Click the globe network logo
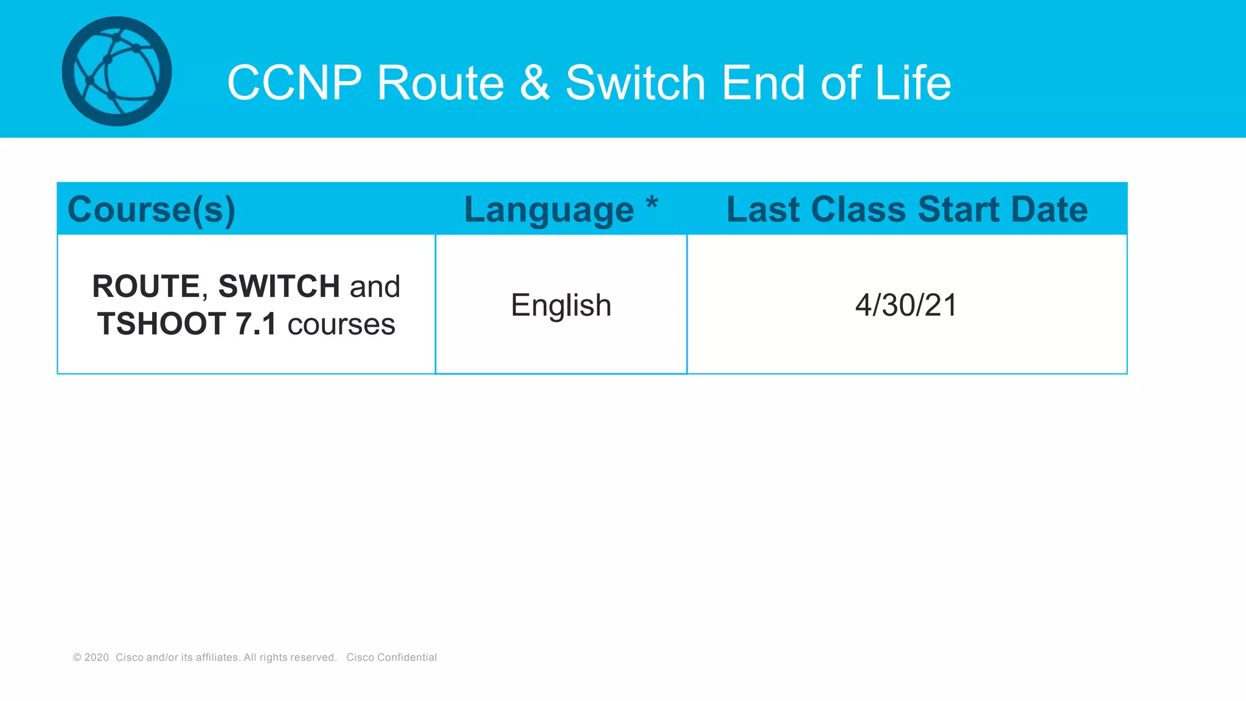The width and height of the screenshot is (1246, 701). tap(117, 71)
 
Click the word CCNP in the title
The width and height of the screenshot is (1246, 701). tap(294, 83)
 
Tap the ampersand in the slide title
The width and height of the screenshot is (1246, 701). tap(535, 83)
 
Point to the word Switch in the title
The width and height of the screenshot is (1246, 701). tap(636, 83)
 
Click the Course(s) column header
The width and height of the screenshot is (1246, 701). tap(151, 210)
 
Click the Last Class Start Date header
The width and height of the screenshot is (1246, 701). tap(907, 209)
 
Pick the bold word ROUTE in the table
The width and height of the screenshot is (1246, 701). tap(146, 287)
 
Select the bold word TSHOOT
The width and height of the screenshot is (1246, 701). tap(161, 324)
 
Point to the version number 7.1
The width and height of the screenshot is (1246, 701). tap(256, 324)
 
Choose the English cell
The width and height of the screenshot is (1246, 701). tap(561, 305)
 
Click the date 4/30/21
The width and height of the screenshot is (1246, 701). tap(906, 305)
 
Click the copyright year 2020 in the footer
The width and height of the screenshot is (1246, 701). tap(96, 657)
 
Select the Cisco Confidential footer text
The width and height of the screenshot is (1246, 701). tap(391, 657)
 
